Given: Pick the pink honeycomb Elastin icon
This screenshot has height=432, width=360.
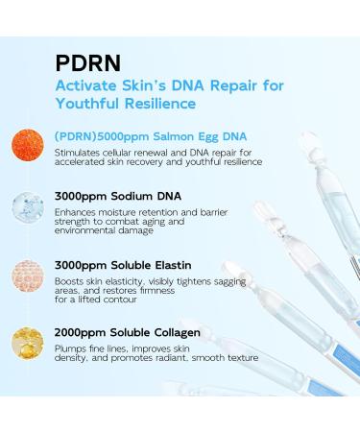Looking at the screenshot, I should (30, 271).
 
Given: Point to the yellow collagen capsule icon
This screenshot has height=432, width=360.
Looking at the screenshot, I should (30, 336).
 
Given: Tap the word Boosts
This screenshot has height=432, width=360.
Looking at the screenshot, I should (71, 277).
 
